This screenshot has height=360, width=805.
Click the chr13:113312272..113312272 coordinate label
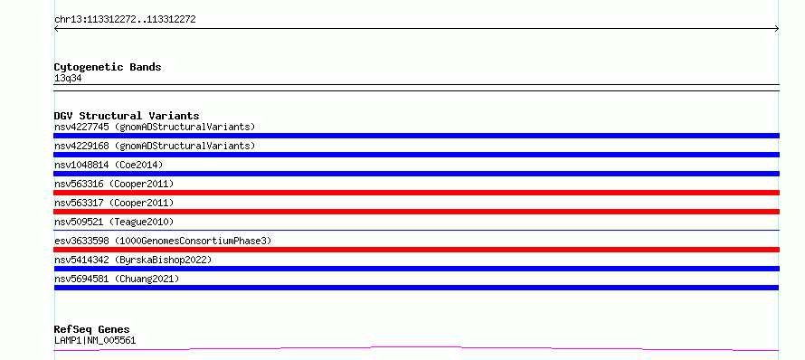(x=125, y=20)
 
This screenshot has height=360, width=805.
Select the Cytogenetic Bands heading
(x=108, y=67)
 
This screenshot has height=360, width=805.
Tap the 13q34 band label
(x=68, y=79)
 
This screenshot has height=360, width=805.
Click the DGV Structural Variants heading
(x=127, y=116)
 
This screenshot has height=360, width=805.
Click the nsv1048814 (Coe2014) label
(x=109, y=165)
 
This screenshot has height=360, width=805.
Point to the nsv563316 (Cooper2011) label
(x=114, y=184)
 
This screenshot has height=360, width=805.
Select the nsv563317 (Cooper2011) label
(x=114, y=203)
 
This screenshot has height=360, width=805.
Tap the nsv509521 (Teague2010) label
(x=114, y=222)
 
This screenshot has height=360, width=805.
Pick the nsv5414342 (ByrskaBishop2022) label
(x=133, y=260)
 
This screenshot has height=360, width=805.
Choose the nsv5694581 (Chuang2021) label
(x=117, y=279)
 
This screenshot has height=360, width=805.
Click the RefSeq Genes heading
(x=92, y=329)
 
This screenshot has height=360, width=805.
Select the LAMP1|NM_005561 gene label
(x=95, y=340)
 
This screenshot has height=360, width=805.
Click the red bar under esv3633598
(x=416, y=250)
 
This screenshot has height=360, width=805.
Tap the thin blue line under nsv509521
(x=416, y=230)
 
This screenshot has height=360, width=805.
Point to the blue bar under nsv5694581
(x=416, y=288)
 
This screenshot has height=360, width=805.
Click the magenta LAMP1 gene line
(x=416, y=347)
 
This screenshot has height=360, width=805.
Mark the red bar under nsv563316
(x=416, y=193)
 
